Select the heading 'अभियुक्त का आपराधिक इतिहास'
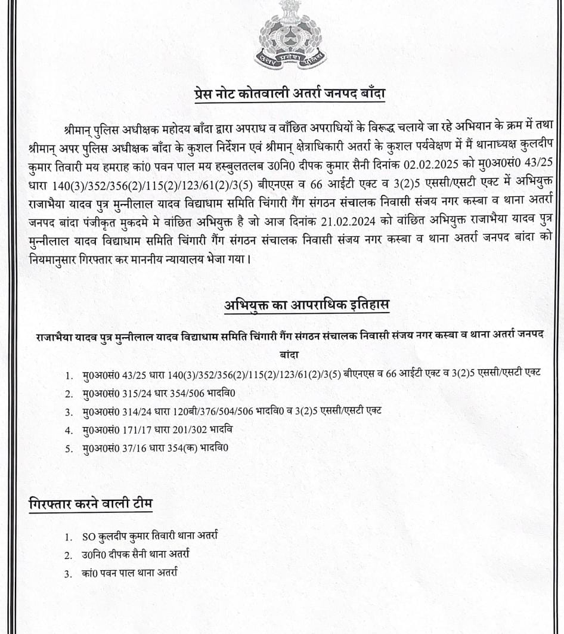306,305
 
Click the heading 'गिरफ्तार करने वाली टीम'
91,503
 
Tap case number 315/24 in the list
137,394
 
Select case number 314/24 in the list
137,412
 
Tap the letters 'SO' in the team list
88,536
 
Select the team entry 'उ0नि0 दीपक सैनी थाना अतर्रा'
136,555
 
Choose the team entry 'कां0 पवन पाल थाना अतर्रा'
130,573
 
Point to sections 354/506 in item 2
192,394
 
